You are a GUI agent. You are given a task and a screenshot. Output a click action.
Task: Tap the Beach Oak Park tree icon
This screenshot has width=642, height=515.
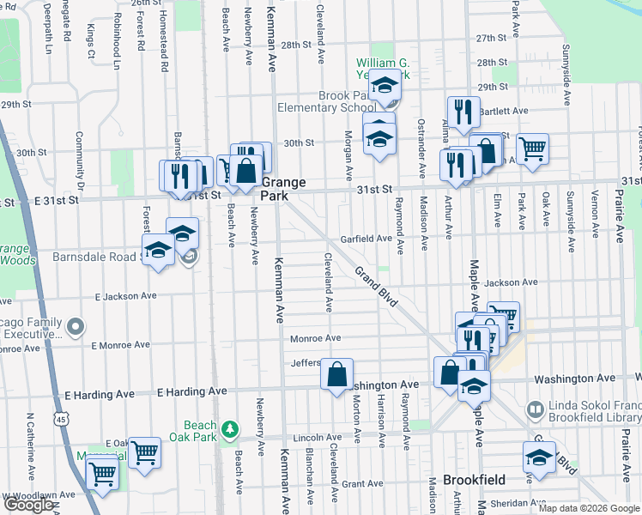228,427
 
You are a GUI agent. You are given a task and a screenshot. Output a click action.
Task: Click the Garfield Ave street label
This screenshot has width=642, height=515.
366,239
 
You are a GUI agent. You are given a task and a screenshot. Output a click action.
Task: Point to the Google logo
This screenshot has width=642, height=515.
27,505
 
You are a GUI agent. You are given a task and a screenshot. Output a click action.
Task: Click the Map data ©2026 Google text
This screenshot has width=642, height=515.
589,508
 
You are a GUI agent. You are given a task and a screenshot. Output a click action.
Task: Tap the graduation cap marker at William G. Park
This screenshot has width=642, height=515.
385,85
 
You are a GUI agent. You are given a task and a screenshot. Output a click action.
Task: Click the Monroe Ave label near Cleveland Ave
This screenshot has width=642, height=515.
315,338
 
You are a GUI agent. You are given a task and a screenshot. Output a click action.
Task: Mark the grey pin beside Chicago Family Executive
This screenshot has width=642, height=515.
76,326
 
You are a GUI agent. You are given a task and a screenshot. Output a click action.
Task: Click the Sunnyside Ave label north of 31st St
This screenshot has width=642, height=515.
566,75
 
